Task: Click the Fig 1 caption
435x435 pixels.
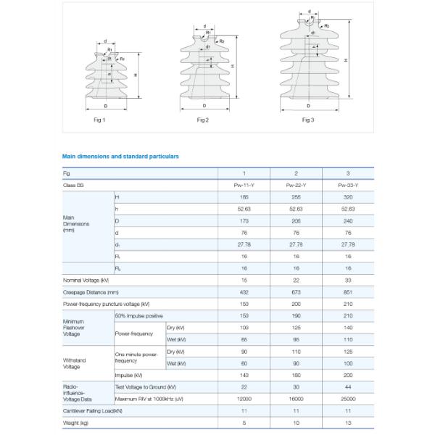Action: [100, 120]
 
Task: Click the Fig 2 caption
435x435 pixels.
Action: [203, 120]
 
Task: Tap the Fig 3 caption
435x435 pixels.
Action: [308, 120]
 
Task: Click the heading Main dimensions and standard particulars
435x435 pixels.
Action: [120, 156]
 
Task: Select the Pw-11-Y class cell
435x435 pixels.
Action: [244, 186]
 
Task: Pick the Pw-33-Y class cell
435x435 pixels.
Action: [348, 186]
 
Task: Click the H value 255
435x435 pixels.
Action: [296, 197]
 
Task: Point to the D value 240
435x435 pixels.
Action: [348, 220]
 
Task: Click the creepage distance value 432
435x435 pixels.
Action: [244, 291]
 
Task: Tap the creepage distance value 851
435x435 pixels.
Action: [348, 291]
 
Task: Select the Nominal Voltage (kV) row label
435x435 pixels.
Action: [86, 280]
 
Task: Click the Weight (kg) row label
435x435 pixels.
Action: [75, 422]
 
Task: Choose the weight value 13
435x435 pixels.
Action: [348, 422]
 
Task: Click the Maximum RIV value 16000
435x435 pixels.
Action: [296, 399]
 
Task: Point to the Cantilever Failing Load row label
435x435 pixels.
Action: [93, 410]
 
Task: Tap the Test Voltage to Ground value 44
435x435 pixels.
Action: [348, 387]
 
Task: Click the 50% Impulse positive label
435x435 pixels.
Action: [139, 316]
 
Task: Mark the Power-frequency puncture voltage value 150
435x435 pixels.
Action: [244, 304]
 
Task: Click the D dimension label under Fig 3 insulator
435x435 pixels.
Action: [309, 106]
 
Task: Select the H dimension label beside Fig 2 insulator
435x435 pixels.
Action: [232, 65]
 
